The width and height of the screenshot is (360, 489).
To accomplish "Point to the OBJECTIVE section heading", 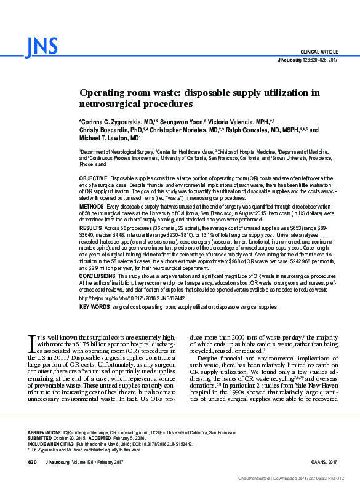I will tap(94, 177).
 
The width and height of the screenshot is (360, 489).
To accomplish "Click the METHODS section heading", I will tap(92, 207).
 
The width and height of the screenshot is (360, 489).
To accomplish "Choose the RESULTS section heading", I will tap(91, 227).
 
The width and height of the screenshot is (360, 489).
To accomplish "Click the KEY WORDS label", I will tap(94, 306).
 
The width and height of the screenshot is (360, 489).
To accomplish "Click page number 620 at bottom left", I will tap(33, 461).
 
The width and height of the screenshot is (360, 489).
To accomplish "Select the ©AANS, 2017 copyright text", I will tap(324, 461).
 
